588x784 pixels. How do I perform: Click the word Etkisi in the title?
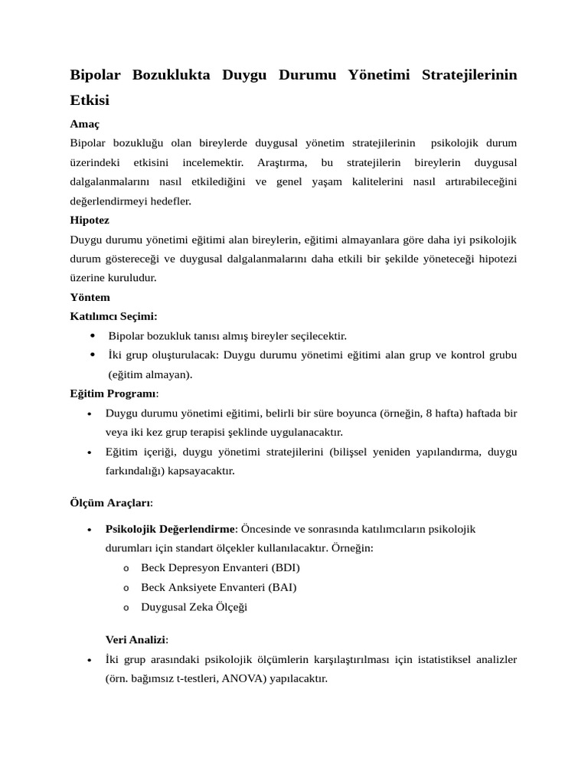point(90,100)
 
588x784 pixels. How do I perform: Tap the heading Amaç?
point(85,123)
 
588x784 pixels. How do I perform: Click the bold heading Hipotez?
point(89,220)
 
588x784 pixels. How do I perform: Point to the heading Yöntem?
point(90,297)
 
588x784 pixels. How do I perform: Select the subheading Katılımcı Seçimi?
point(113,316)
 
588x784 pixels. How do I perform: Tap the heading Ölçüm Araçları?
point(111,503)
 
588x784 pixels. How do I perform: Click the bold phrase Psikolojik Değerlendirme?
point(171,529)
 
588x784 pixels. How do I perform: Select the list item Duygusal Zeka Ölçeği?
point(194,607)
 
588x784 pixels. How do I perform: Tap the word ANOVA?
point(243,678)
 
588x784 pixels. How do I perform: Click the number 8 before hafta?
point(430,413)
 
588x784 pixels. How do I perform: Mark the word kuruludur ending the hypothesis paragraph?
point(129,278)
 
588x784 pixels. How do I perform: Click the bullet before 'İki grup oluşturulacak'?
point(93,354)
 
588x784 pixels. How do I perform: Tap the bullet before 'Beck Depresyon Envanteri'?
point(126,569)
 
